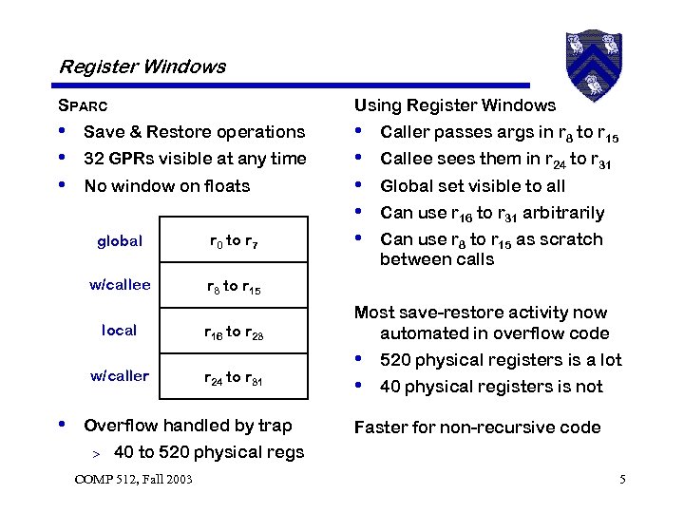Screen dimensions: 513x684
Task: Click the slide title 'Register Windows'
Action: [x=142, y=66]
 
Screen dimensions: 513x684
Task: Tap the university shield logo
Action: [x=592, y=57]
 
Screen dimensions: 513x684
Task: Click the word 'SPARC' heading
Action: [x=84, y=105]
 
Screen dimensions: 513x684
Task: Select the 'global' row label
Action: [x=120, y=241]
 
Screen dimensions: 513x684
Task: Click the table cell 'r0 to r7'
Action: [x=234, y=242]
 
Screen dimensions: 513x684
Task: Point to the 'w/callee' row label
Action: [x=120, y=285]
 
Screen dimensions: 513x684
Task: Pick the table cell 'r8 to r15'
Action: [x=234, y=286]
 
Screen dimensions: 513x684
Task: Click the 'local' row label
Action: [x=120, y=331]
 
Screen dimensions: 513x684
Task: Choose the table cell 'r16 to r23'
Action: [x=234, y=332]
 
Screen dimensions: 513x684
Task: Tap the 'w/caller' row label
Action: [x=120, y=375]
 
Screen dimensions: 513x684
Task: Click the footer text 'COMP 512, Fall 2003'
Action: [x=133, y=478]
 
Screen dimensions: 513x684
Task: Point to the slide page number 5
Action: [x=622, y=478]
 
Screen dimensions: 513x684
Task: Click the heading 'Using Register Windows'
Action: [x=455, y=105]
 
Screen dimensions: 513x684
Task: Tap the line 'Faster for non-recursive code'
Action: [x=477, y=427]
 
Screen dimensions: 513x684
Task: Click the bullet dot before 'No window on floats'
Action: [x=63, y=185]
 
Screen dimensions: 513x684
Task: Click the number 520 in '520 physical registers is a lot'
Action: [x=396, y=360]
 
